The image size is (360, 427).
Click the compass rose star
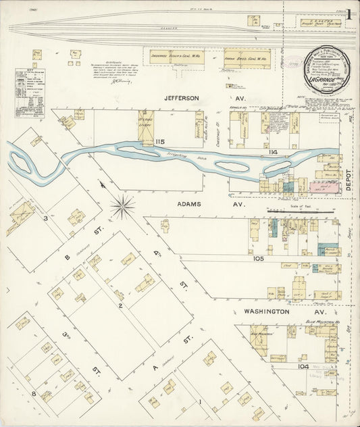(122, 206)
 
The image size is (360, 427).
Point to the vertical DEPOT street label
(350, 180)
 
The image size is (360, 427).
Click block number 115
(160, 141)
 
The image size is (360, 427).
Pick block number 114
(273, 153)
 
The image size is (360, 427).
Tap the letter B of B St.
(68, 257)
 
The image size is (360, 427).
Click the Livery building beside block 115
(147, 125)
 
